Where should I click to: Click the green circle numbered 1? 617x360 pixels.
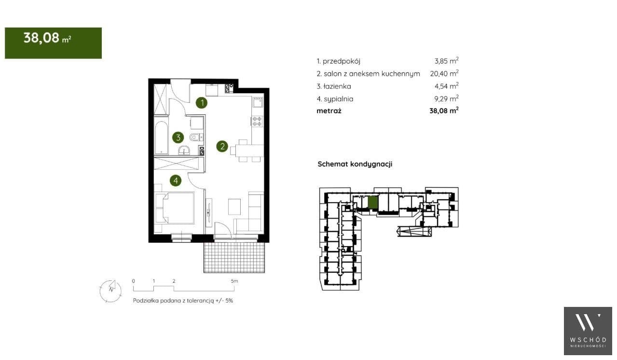point(202,103)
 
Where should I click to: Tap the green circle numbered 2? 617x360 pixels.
point(222,146)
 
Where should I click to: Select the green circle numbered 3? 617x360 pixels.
point(178,137)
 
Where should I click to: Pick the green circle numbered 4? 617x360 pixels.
point(176,180)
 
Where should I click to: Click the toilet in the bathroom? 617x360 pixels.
point(196,137)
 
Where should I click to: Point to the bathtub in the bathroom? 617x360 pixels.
point(161,138)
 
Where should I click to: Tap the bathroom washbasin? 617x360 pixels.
point(184,151)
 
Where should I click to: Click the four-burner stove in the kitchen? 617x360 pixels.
point(257,122)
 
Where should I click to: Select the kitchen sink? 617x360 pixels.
point(258,103)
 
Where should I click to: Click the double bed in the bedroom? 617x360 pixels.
point(175,208)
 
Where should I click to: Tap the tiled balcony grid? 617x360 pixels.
point(234,258)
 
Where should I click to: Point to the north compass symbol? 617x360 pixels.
point(110,291)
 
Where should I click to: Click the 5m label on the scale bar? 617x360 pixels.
point(234,281)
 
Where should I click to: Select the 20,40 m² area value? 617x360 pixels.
point(444,73)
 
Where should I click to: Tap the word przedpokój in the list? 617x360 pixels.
point(341,61)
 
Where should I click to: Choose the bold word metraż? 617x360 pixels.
point(329,111)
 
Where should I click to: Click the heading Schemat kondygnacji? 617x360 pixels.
point(355,164)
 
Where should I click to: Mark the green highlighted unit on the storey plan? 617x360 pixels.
point(373,203)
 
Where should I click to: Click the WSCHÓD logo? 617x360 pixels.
point(588,331)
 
